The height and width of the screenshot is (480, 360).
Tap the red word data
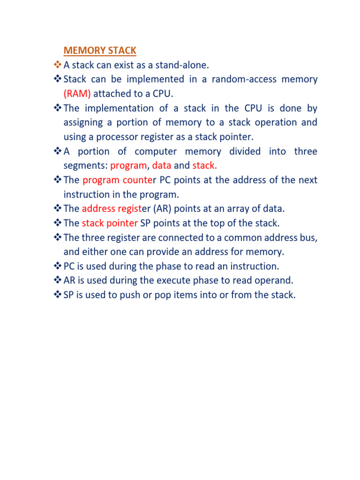point(162,166)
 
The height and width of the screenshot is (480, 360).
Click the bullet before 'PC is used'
point(58,266)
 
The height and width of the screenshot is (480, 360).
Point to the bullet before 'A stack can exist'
point(58,65)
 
